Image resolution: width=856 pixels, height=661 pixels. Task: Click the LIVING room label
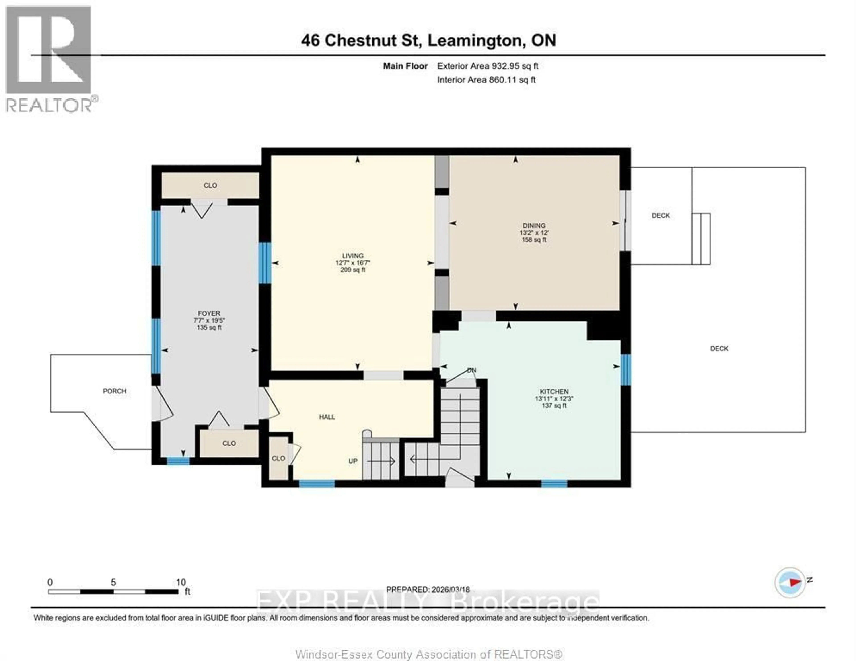tap(352, 256)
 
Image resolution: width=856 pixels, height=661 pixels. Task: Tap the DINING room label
tap(534, 226)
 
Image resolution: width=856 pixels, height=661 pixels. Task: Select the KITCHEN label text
tap(554, 391)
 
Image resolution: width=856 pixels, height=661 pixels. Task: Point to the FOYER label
tap(209, 313)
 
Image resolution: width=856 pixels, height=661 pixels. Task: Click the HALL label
tap(327, 417)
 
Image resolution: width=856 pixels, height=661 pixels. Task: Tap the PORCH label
tap(114, 391)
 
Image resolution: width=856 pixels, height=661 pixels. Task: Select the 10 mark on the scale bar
tap(181, 582)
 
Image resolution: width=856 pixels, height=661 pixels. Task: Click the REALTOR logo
tap(49, 59)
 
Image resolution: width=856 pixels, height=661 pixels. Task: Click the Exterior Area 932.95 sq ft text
tap(488, 66)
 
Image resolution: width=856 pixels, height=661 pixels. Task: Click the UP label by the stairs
tap(353, 461)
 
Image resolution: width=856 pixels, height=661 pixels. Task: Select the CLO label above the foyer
tap(210, 185)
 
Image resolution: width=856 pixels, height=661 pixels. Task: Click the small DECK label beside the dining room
tap(661, 215)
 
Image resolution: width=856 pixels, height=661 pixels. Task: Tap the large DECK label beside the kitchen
tap(719, 348)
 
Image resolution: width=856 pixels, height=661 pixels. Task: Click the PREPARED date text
tap(428, 589)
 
